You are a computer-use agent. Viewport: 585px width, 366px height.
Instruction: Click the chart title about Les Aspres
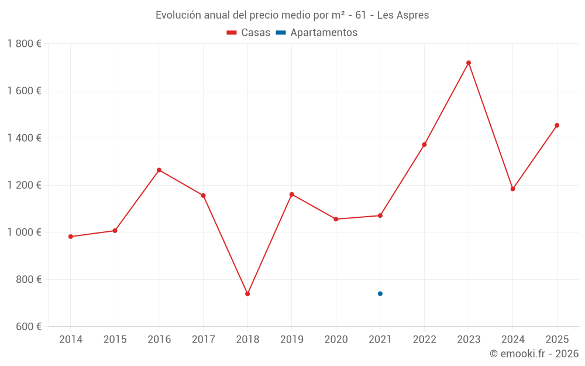coord(292,15)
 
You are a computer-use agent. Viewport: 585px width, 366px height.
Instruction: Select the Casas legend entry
coord(249,33)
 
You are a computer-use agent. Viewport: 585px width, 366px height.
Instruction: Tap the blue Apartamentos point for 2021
coord(380,293)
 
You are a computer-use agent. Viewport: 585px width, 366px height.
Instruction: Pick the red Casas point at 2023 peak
coord(469,63)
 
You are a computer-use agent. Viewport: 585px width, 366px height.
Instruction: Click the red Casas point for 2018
coord(247,294)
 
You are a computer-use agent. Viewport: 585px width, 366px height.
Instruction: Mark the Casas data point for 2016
coord(159,170)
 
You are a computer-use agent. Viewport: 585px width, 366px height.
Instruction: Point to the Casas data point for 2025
coord(557,125)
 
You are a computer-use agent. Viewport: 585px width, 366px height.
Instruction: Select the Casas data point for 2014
coord(71,237)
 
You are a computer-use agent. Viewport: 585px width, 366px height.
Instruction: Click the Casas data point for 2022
coord(424,145)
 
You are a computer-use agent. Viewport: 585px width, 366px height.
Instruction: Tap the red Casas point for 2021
coord(380,216)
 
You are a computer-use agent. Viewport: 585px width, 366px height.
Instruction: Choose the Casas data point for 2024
coord(513,189)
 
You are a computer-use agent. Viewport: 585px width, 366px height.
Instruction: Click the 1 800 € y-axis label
coord(24,44)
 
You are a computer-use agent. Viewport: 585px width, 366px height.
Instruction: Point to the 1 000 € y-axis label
coord(24,232)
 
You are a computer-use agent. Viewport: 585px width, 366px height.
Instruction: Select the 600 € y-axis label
coord(27,327)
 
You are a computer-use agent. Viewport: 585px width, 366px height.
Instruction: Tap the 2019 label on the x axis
coord(291,340)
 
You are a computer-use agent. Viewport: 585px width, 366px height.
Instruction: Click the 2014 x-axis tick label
coord(71,340)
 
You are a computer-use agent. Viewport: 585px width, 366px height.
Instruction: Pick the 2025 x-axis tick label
coord(557,340)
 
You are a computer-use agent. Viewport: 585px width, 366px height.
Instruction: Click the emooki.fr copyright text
coord(534,354)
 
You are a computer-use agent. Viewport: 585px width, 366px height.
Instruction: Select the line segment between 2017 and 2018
coord(225,245)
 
